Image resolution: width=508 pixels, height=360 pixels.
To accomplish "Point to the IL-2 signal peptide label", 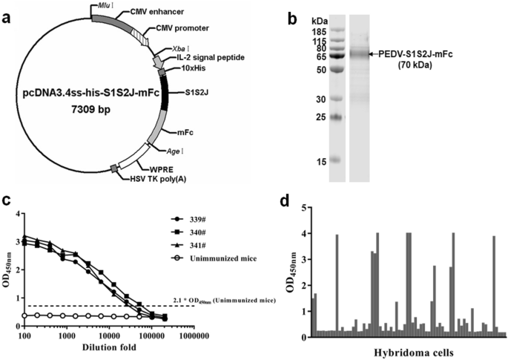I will coord(196,56).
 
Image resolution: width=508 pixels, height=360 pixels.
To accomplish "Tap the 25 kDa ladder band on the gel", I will coord(337,117).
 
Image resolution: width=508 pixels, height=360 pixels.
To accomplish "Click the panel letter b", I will coord(306,10).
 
